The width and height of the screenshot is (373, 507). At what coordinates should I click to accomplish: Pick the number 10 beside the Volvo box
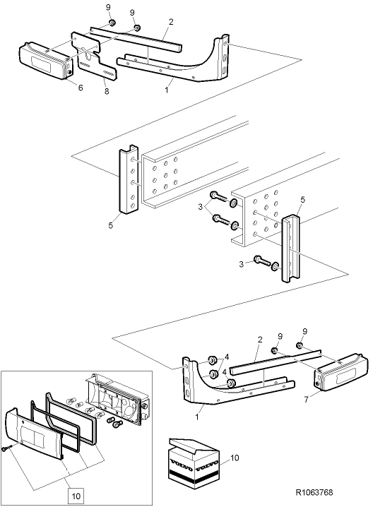[x=234, y=459]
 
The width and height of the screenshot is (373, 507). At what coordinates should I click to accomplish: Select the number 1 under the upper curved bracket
[x=167, y=90]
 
